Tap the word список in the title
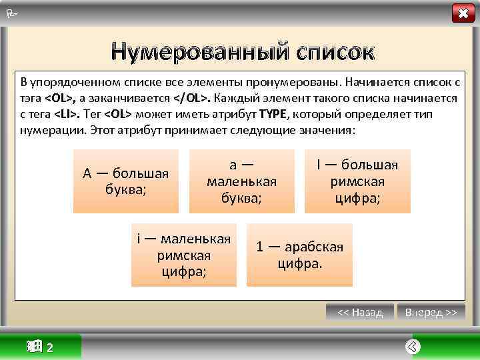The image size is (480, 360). [325, 51]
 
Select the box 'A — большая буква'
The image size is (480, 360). [126, 181]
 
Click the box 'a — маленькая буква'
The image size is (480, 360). [241, 181]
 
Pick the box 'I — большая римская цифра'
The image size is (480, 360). [357, 181]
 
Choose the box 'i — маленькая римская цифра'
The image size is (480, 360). [183, 255]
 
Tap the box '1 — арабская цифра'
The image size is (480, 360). [299, 255]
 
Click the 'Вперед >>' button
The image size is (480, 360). [431, 312]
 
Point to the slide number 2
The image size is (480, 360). [51, 348]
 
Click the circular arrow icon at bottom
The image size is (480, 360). [413, 347]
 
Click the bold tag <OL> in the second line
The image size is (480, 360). [59, 98]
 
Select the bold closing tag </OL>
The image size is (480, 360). [193, 98]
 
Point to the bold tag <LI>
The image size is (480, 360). [65, 113]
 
